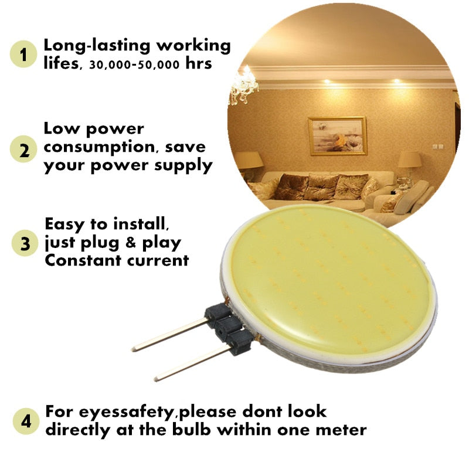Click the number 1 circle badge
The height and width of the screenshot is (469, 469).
[x=24, y=55]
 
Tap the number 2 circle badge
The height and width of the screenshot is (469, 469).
[x=24, y=149]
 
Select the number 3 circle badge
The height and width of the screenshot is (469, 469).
[x=24, y=243]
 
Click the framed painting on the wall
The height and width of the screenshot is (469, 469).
[x=337, y=135]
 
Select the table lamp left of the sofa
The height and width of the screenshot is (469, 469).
[x=249, y=161]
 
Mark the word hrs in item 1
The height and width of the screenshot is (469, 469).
[x=199, y=64]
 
